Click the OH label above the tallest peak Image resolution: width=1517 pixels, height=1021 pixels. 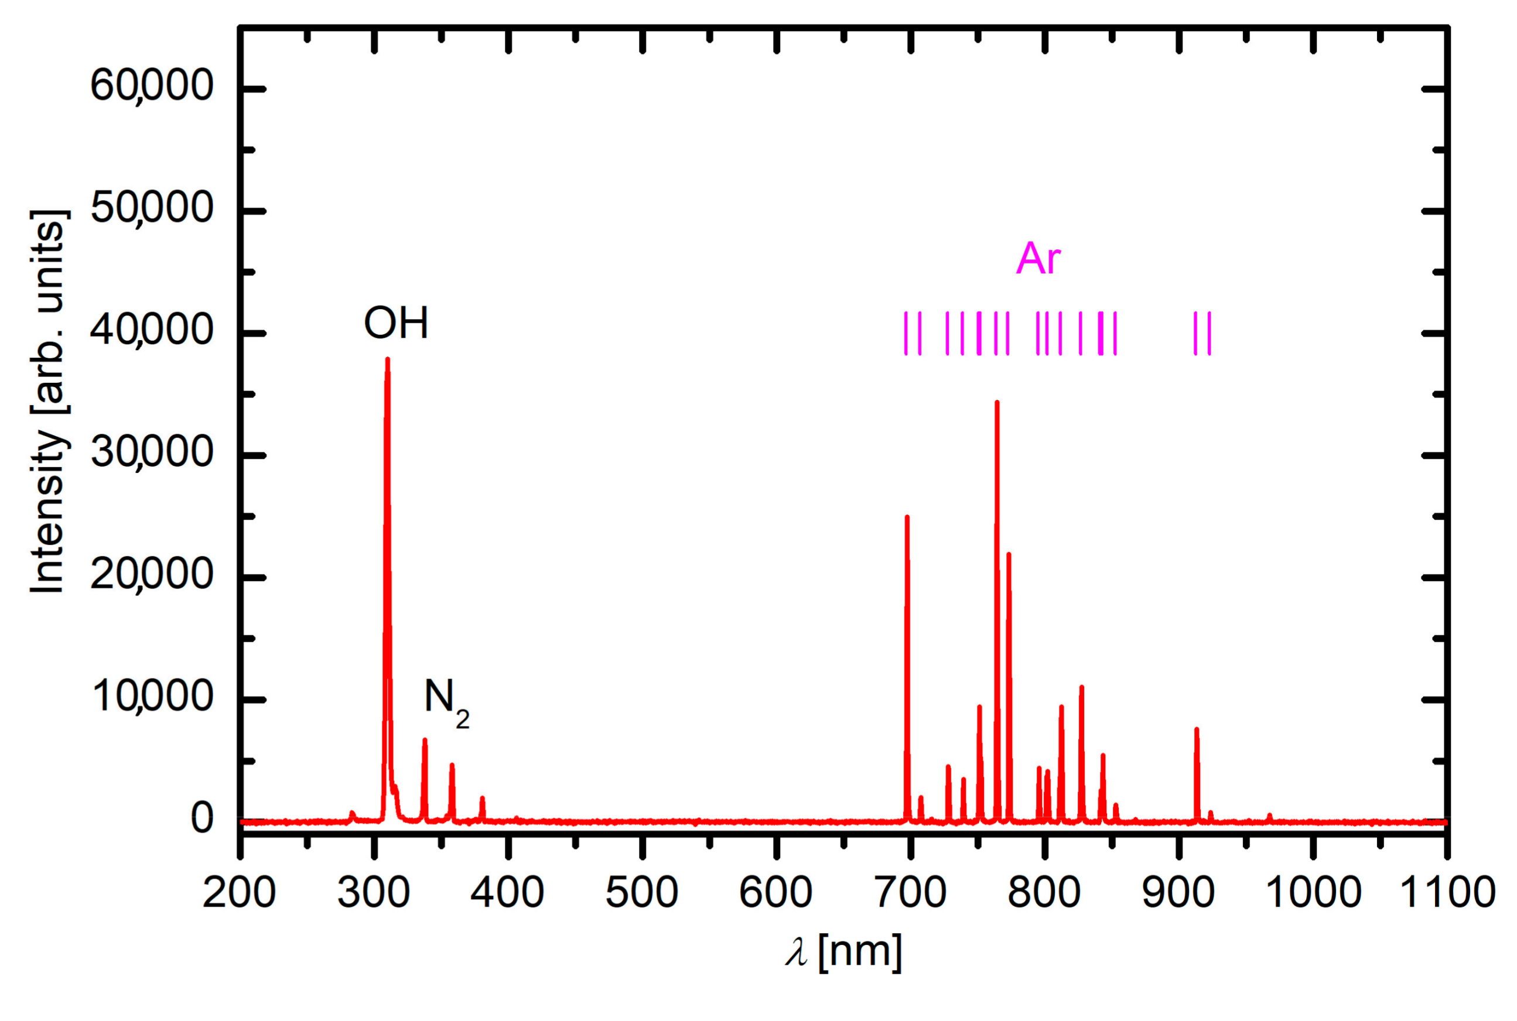395,323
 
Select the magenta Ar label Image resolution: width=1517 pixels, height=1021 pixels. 1038,259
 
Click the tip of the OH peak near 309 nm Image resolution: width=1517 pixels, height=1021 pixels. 387,360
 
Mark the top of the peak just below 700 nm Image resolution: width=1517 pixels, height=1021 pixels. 907,517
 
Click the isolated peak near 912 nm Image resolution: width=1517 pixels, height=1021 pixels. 1197,730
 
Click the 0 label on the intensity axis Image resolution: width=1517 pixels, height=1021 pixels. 201,818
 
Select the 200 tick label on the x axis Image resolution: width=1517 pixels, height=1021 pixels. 239,893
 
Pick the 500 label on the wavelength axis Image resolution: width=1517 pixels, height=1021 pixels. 641,893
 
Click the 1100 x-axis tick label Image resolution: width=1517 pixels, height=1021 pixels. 1447,893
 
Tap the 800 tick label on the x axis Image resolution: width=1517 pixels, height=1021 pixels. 1044,893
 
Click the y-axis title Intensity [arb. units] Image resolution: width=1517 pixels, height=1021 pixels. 48,402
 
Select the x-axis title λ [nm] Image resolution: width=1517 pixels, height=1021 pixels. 843,952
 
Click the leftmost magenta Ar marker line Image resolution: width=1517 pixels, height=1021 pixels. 906,333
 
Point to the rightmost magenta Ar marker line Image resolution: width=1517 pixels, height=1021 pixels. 1209,333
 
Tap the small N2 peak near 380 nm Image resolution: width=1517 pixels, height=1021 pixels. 482,800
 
